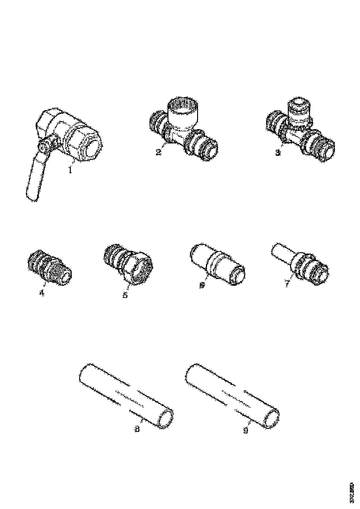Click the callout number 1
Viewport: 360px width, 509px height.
70,170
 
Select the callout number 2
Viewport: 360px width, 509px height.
159,152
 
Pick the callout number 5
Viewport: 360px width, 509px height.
124,295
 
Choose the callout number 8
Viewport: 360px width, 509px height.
137,429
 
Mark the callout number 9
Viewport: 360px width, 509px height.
245,430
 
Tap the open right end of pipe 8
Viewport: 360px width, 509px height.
165,419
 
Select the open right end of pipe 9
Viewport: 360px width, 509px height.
272,419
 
